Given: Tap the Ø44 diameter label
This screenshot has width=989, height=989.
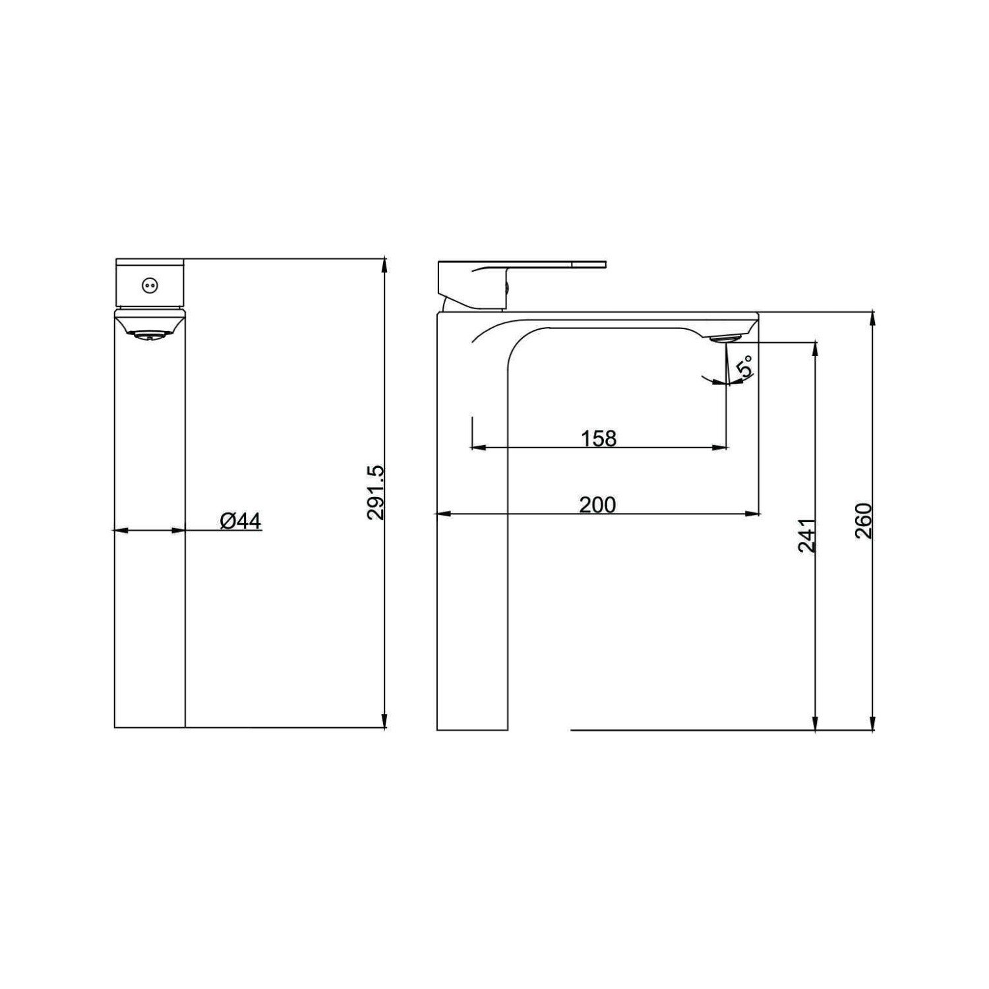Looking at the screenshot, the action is (x=240, y=521).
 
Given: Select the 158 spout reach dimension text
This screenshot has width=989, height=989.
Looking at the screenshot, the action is (x=599, y=438).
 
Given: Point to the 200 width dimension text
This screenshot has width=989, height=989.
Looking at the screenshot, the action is (x=597, y=504).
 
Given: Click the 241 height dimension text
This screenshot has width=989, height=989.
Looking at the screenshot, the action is (x=807, y=535).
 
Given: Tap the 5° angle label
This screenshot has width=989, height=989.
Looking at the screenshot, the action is (x=746, y=367).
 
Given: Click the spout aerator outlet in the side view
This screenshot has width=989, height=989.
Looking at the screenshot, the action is (x=725, y=338).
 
